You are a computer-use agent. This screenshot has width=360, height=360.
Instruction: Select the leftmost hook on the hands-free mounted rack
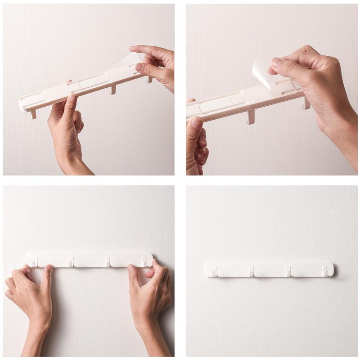(x=215, y=271)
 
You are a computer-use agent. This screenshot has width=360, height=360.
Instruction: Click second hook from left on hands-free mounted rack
(x=251, y=271)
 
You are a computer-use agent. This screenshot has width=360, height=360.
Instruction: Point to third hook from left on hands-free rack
(x=288, y=271)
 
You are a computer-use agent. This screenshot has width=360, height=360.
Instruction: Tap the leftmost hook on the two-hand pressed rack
(x=34, y=261)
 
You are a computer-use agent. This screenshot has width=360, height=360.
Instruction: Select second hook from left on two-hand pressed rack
(x=71, y=261)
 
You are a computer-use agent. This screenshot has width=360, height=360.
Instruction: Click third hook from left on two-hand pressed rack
(x=108, y=261)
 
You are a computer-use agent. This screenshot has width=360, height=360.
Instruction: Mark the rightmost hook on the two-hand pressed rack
(x=144, y=261)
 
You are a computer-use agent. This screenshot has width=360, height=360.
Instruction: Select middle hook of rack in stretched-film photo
(x=112, y=90)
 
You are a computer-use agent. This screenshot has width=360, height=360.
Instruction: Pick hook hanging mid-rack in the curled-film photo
(x=251, y=117)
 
